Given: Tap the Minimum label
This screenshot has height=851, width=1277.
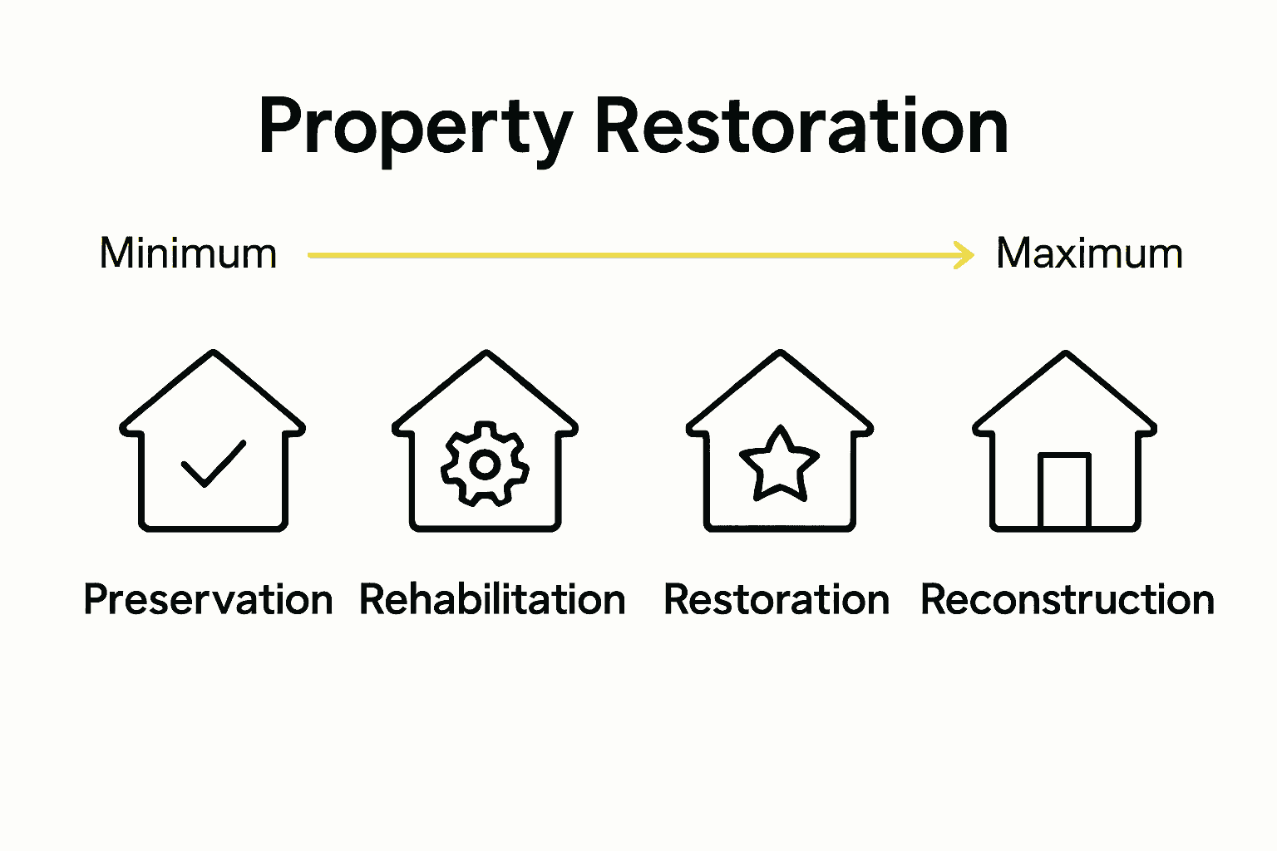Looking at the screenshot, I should (188, 253).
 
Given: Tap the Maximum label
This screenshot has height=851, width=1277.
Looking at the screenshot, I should (1089, 253).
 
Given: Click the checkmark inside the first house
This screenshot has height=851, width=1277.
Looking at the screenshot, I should (214, 463).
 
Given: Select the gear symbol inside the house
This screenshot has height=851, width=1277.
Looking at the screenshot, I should (485, 464).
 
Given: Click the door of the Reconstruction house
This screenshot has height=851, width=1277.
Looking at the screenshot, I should (1064, 490).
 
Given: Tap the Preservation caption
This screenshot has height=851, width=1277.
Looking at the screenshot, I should (208, 600).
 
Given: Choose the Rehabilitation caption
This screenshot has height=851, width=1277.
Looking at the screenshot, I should (492, 600).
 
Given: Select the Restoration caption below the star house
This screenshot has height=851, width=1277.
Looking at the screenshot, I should (777, 600).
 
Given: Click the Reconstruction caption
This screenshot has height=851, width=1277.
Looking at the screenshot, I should (1067, 600).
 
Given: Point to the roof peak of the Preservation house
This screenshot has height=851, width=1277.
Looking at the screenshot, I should (214, 353).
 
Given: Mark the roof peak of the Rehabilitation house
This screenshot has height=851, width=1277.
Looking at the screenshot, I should (486, 353).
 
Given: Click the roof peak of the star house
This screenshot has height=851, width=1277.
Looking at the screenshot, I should (780, 353).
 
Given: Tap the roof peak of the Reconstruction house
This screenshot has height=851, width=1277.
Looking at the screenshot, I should (1065, 354).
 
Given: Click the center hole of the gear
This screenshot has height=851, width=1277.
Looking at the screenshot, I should (485, 465).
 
